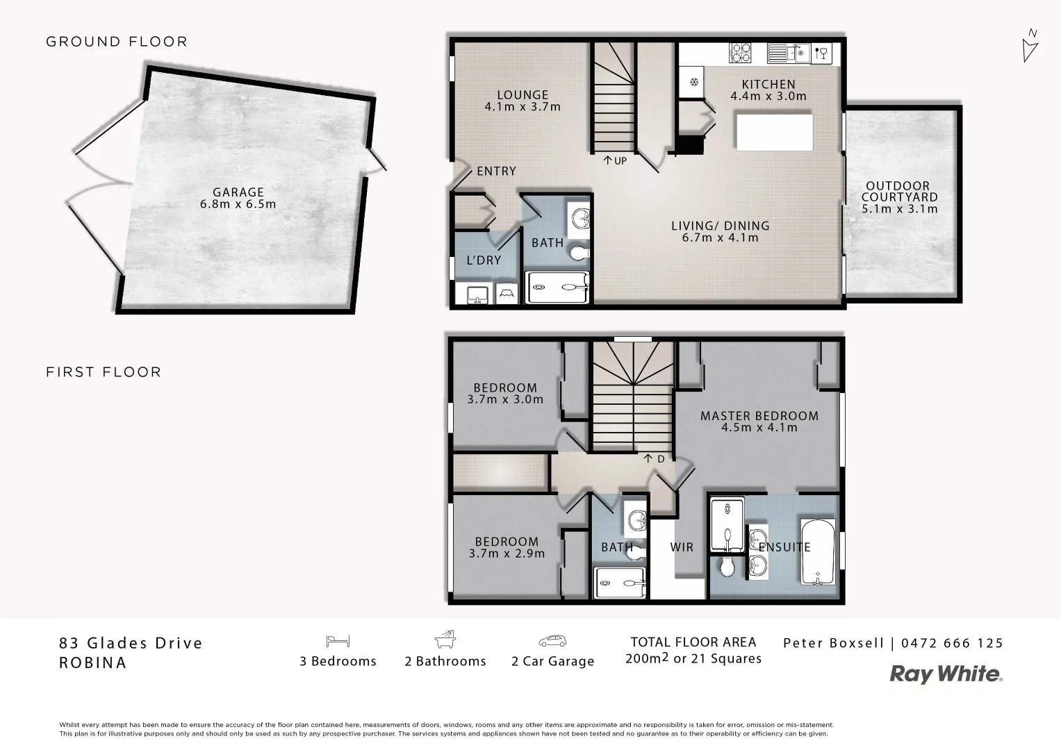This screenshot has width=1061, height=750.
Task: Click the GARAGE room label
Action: (x=238, y=192)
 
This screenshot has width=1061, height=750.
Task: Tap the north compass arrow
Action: (x=1030, y=47)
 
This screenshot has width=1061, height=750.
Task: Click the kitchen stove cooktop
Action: (x=740, y=53)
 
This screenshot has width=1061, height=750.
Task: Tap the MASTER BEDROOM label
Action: (x=759, y=416)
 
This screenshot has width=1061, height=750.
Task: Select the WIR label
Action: (x=682, y=547)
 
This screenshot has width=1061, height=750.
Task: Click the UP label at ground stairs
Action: (x=615, y=161)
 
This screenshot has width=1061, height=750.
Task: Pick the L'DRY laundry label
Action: (x=484, y=260)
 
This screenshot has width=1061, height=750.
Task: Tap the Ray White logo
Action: (x=946, y=674)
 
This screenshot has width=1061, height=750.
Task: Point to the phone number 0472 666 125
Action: (x=952, y=643)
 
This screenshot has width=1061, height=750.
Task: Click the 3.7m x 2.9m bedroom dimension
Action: (x=507, y=553)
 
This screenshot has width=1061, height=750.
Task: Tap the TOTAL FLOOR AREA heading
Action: (x=693, y=642)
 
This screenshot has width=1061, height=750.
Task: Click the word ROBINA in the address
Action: (x=93, y=662)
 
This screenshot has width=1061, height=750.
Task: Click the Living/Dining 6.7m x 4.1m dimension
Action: (x=720, y=237)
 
